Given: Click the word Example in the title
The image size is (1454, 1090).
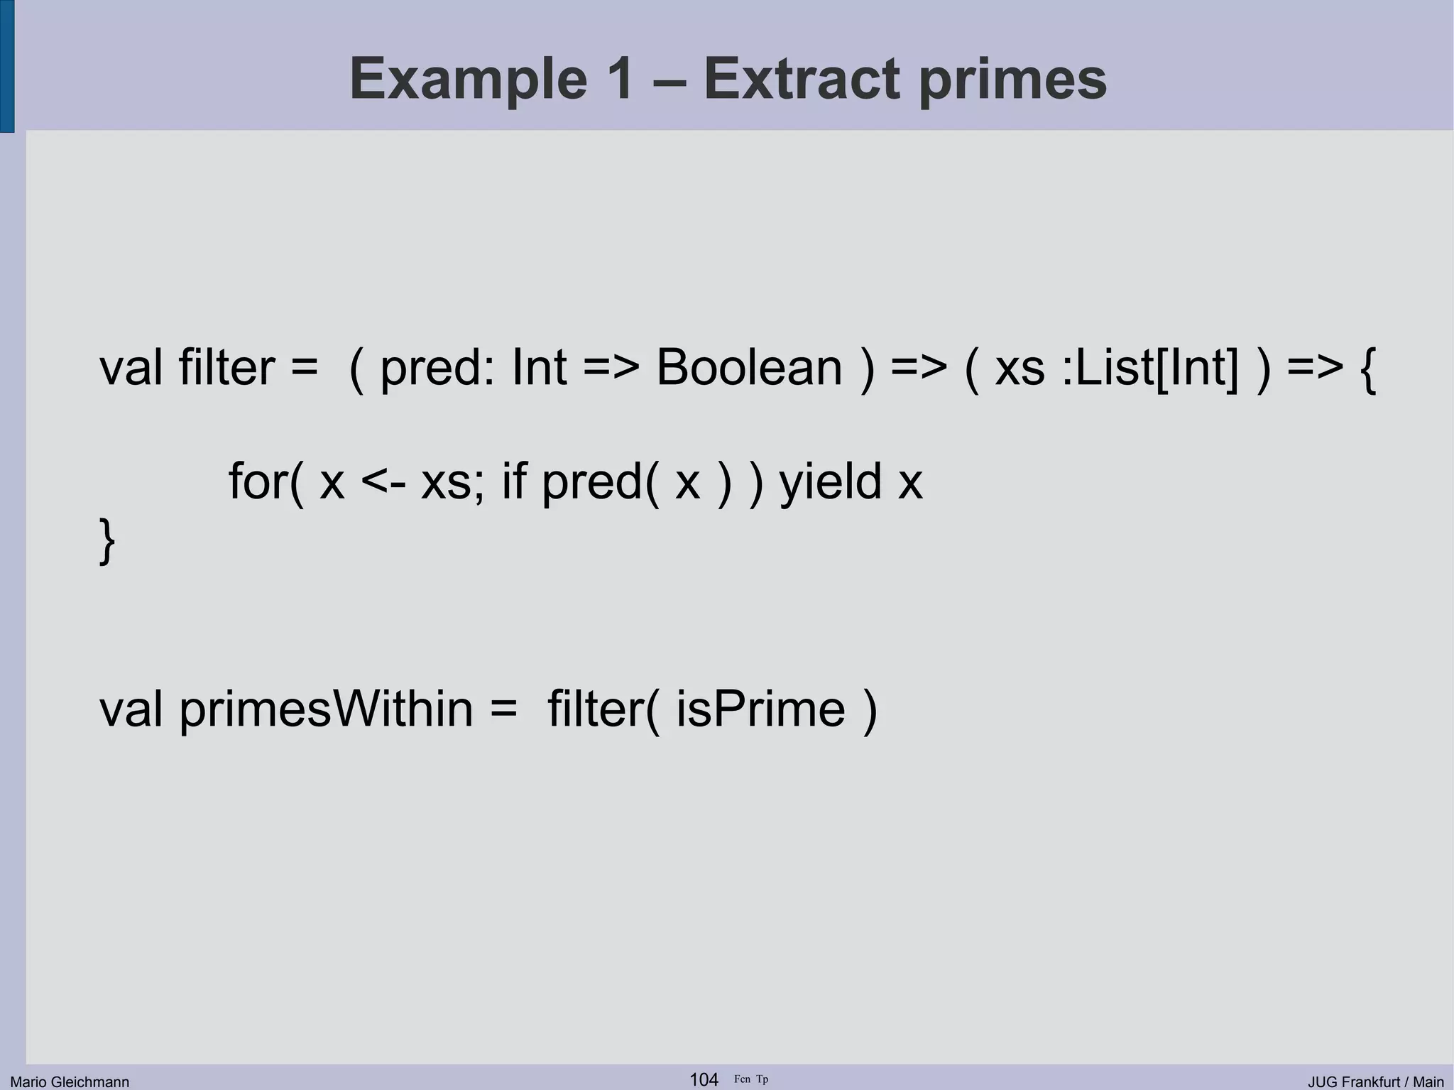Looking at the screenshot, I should click(x=468, y=80).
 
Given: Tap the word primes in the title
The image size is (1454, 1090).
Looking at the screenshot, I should click(x=1012, y=80).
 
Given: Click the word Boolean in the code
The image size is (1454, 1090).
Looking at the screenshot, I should click(x=749, y=368).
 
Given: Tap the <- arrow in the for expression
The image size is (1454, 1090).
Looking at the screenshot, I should click(x=383, y=482).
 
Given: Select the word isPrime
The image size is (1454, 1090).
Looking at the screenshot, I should click(x=760, y=709).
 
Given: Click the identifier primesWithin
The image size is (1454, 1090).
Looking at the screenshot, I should click(x=326, y=709).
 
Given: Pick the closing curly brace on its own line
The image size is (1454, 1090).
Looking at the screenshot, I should click(x=106, y=541).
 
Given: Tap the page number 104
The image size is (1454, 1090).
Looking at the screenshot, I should click(x=704, y=1079).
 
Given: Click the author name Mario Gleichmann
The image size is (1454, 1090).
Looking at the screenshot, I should click(x=70, y=1081).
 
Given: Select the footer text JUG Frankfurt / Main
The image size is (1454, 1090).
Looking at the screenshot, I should click(x=1375, y=1081).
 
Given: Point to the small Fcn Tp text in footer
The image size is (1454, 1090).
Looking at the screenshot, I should click(x=751, y=1079).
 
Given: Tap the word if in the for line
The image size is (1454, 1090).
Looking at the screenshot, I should click(x=514, y=482).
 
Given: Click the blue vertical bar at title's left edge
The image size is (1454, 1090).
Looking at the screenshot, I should click(x=6, y=66).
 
